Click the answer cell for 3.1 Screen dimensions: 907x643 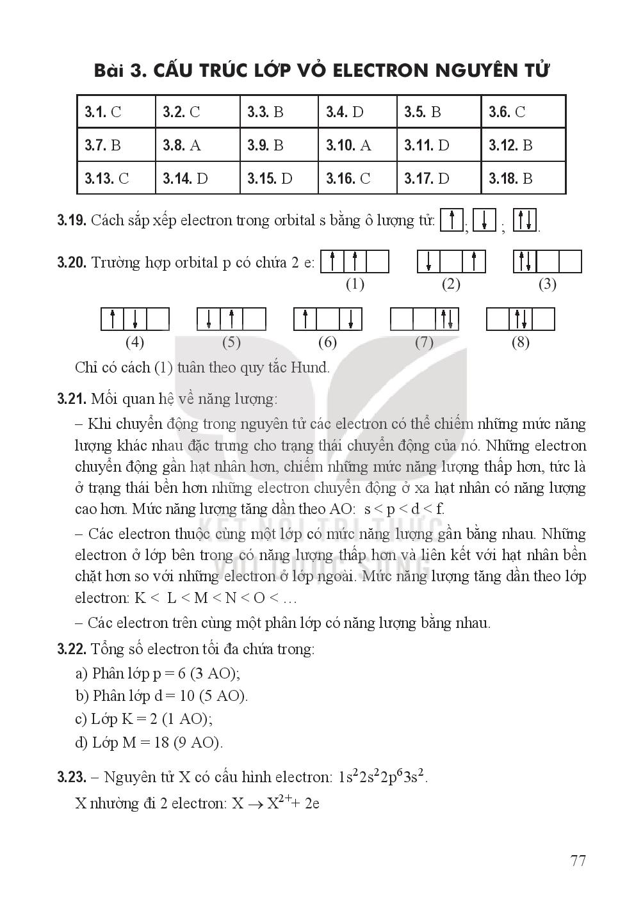tap(116, 112)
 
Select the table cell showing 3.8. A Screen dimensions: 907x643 tap(197, 145)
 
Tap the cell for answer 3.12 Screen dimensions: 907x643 tap(523, 145)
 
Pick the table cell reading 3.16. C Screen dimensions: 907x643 tap(357, 178)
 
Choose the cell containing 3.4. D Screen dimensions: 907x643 tap(357, 112)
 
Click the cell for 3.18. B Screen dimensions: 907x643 tap(523, 178)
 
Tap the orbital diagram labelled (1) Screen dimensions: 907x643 tap(355, 262)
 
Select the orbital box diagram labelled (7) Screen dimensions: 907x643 tap(424, 319)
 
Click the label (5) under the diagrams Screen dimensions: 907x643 tap(231, 342)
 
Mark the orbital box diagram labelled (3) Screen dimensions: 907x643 tap(548, 262)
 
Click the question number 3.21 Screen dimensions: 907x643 tap(71, 399)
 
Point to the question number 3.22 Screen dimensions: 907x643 tap(71, 650)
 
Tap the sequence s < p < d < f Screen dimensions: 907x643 tap(404, 510)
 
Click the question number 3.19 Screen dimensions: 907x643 tap(71, 221)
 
